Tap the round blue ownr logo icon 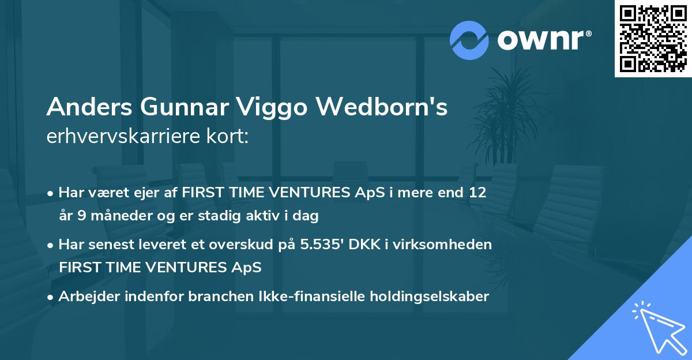click(469, 40)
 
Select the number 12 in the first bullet click(477, 193)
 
